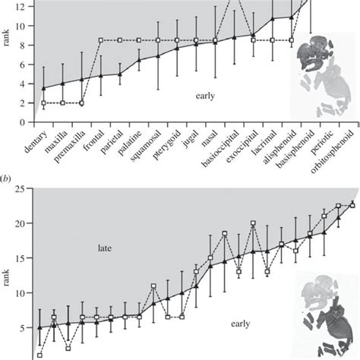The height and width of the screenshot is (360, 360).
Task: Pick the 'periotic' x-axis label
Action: [317, 143]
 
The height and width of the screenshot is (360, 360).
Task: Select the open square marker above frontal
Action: [101, 40]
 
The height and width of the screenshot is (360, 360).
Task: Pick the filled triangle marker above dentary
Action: [44, 88]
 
